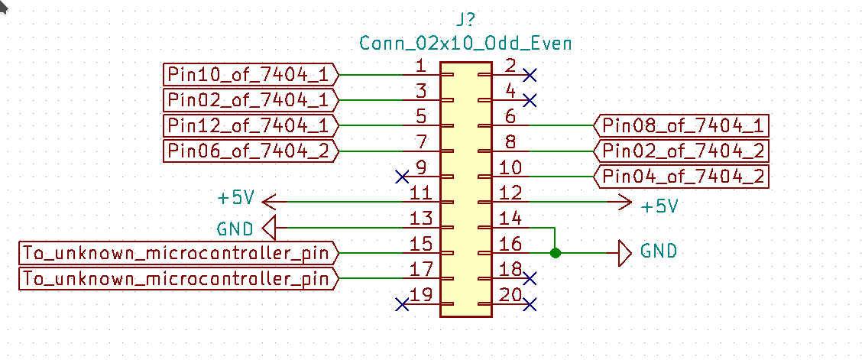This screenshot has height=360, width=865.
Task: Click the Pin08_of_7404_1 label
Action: point(682,125)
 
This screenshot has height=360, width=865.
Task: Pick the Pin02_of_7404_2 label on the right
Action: point(682,151)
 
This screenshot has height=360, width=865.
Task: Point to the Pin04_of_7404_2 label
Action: point(682,176)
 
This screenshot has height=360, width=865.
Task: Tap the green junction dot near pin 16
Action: point(556,252)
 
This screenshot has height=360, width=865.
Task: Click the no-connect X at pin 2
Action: point(530,75)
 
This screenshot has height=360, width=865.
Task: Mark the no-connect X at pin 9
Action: point(402,177)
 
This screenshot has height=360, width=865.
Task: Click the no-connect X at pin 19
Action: point(402,304)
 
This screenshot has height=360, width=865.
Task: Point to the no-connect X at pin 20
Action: point(530,304)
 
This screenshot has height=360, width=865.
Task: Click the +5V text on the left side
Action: point(235,199)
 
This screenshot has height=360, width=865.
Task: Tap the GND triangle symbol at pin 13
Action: point(269,227)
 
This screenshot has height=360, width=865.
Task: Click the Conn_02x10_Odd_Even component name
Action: point(465,43)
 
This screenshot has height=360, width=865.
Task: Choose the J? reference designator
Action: point(465,18)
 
